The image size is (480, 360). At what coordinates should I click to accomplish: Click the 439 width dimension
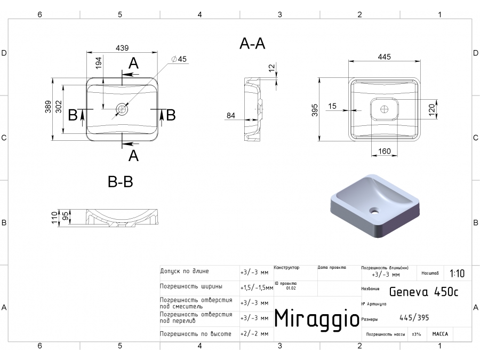pyautogui.click(x=122, y=48)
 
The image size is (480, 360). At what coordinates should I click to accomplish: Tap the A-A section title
pyautogui.click(x=252, y=44)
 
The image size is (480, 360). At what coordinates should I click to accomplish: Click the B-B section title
pyautogui.click(x=121, y=182)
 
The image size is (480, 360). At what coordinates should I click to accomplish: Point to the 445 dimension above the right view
pyautogui.click(x=385, y=57)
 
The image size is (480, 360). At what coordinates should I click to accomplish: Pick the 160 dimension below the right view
pyautogui.click(x=385, y=151)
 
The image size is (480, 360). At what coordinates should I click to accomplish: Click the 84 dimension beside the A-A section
pyautogui.click(x=231, y=115)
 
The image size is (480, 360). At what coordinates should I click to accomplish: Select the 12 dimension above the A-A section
pyautogui.click(x=273, y=68)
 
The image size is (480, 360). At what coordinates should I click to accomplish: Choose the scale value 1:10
pyautogui.click(x=457, y=274)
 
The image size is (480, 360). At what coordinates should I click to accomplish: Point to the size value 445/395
pyautogui.click(x=414, y=318)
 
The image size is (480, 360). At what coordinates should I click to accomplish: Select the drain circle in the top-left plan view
pyautogui.click(x=122, y=109)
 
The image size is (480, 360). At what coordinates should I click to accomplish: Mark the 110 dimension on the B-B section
pyautogui.click(x=54, y=217)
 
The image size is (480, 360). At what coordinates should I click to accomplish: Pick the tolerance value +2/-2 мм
pyautogui.click(x=254, y=334)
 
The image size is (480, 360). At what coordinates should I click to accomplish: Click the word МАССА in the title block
pyautogui.click(x=440, y=334)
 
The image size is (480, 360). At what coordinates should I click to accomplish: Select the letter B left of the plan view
pyautogui.click(x=74, y=115)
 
